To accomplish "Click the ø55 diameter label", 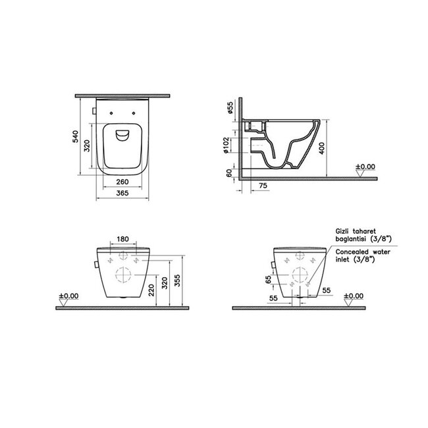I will pyautogui.click(x=230, y=107).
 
